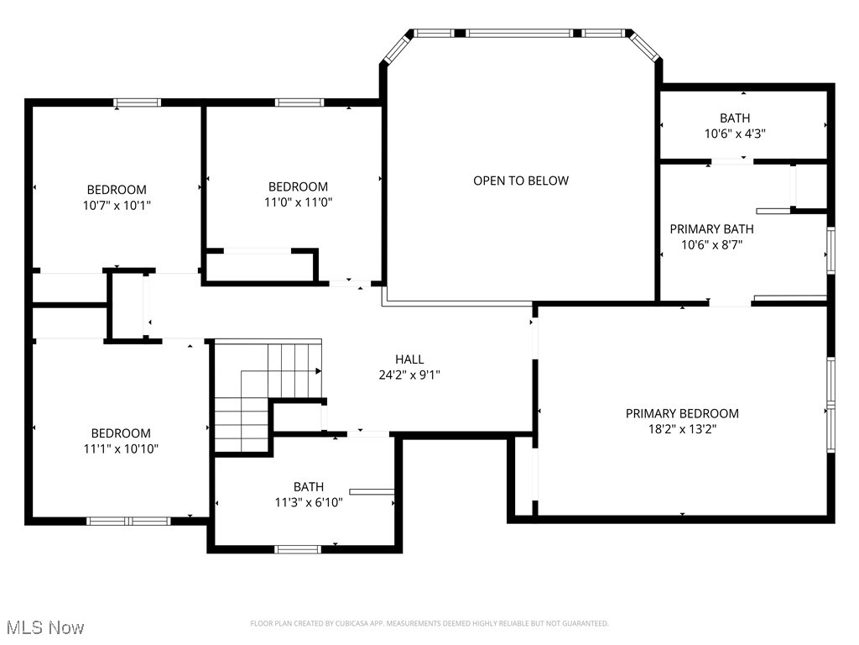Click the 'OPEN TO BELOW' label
pyautogui.click(x=520, y=181)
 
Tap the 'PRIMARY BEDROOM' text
pyautogui.click(x=682, y=413)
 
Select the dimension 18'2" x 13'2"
pyautogui.click(x=682, y=428)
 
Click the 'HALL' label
pyautogui.click(x=409, y=359)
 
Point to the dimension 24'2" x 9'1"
pyautogui.click(x=409, y=375)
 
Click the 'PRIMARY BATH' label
pyautogui.click(x=711, y=228)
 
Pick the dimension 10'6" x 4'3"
pyautogui.click(x=735, y=133)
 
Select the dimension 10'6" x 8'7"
pyautogui.click(x=711, y=244)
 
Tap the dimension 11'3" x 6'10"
pyautogui.click(x=309, y=502)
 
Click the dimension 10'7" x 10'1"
pyautogui.click(x=117, y=205)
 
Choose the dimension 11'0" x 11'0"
pyautogui.click(x=298, y=202)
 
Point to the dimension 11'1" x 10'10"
pyautogui.click(x=121, y=448)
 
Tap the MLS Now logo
pyautogui.click(x=44, y=627)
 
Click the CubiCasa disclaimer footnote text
pyautogui.click(x=429, y=623)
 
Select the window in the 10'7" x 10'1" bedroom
pyautogui.click(x=138, y=102)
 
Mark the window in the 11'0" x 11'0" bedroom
pyautogui.click(x=299, y=102)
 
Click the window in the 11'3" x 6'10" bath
pyautogui.click(x=298, y=549)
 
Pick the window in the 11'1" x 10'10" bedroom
pyautogui.click(x=128, y=521)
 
